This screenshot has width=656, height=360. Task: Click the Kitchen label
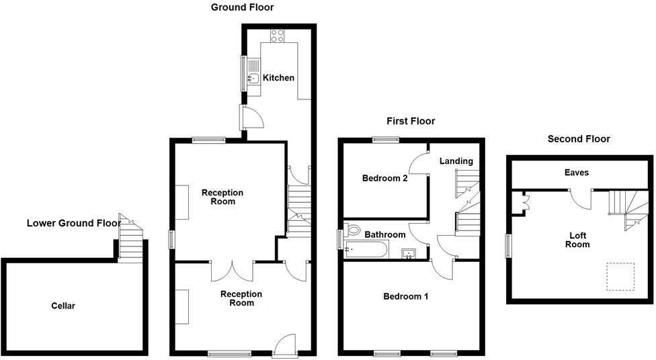278,78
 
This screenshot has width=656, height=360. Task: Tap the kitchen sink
253,79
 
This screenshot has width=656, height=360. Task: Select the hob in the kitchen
278,36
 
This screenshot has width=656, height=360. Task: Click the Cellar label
63,306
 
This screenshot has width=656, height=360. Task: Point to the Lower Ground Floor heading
74,223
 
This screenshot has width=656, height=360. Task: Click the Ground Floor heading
243,7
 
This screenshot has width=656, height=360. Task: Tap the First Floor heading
411,121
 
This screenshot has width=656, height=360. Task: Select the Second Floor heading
579,139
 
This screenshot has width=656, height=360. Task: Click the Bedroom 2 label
385,179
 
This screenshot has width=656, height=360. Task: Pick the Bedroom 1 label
406,296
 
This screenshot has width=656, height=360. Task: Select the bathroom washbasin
409,253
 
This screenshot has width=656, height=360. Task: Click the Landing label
456,161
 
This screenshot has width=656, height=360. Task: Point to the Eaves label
577,173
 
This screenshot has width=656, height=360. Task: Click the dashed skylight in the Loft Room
620,276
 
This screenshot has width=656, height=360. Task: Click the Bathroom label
385,234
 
